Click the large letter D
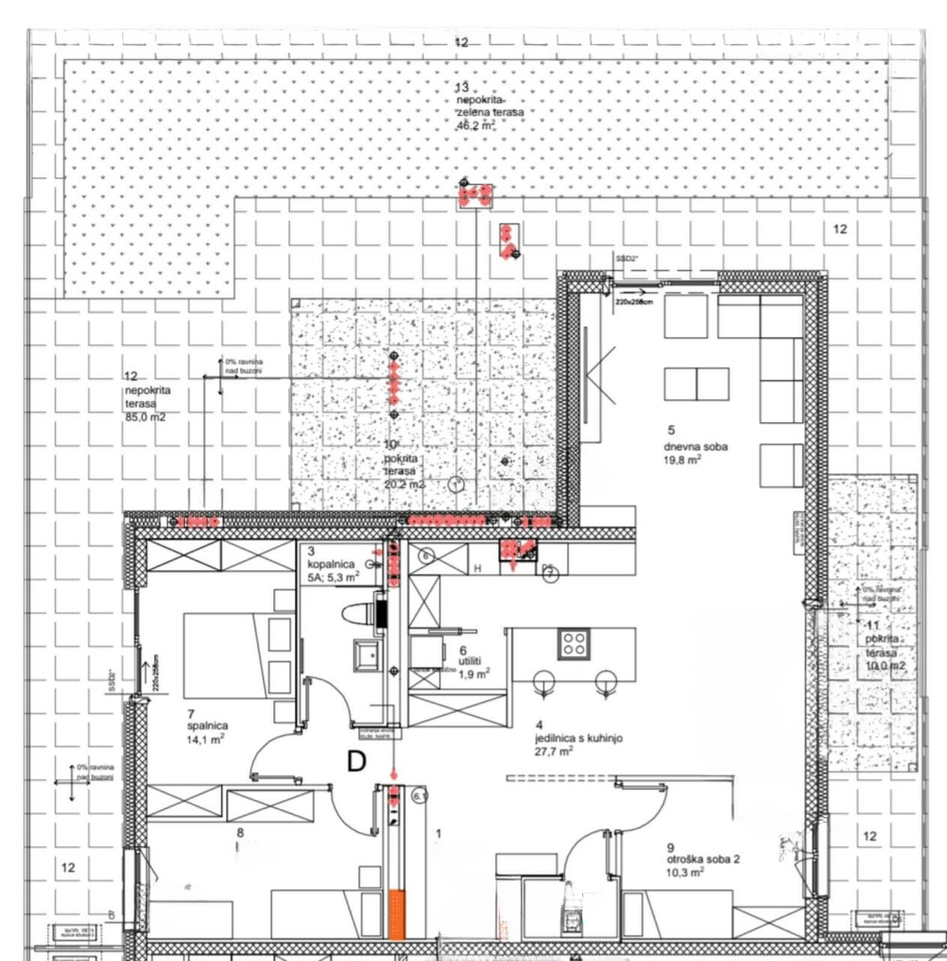pyautogui.click(x=356, y=761)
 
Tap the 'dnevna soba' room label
pyautogui.click(x=695, y=447)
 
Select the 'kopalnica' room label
pyautogui.click(x=331, y=564)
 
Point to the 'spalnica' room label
pyautogui.click(x=207, y=726)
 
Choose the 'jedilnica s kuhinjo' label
pyautogui.click(x=578, y=738)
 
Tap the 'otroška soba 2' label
pyautogui.click(x=703, y=859)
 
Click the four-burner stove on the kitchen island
pyautogui.click(x=574, y=643)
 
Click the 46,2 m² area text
pyautogui.click(x=476, y=126)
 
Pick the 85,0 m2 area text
pyautogui.click(x=145, y=417)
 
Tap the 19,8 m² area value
pyautogui.click(x=682, y=459)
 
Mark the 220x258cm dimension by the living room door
pyautogui.click(x=634, y=302)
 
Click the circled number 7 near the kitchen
pyautogui.click(x=550, y=574)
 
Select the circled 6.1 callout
pyautogui.click(x=419, y=795)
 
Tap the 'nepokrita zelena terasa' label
pyautogui.click(x=489, y=106)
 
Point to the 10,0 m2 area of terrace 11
pyautogui.click(x=885, y=666)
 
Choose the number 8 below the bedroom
pyautogui.click(x=240, y=832)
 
